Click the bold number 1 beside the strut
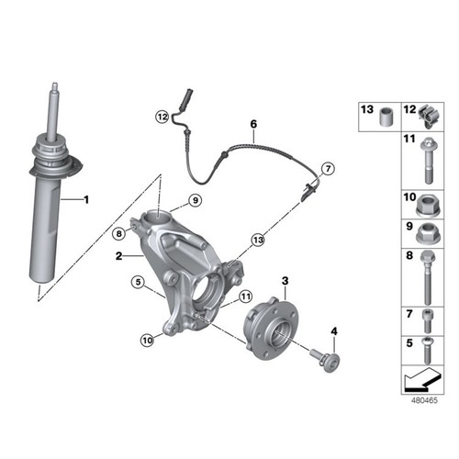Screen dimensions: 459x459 (86, 199)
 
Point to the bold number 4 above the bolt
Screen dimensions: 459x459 (333, 330)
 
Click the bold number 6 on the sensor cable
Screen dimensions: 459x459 (253, 123)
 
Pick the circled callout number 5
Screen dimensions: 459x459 (137, 283)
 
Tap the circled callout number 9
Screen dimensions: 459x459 (195, 201)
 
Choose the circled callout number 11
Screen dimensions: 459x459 (245, 296)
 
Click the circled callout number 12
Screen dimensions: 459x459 (162, 117)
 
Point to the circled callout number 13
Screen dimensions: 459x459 (258, 239)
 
